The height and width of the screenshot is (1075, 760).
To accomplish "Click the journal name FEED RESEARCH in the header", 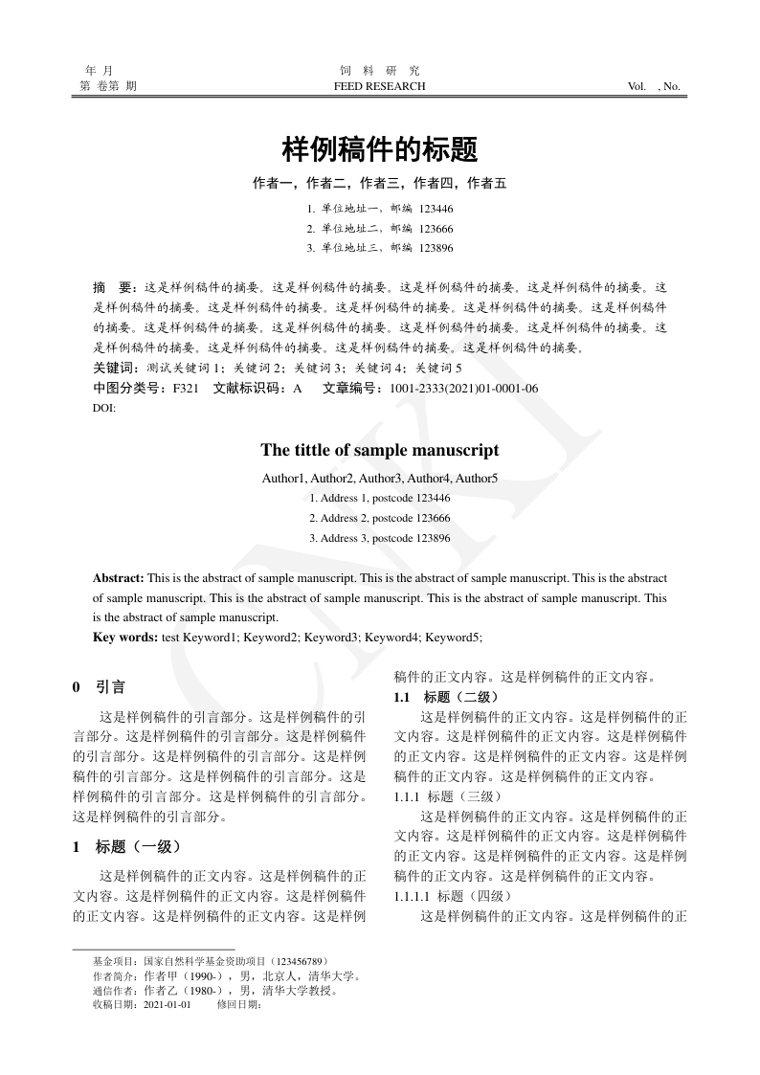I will [380, 86].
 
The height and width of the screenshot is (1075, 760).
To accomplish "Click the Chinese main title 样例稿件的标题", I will [380, 150].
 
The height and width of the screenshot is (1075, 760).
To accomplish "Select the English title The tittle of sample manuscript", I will [380, 450].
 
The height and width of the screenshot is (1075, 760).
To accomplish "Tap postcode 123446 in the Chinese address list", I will [436, 208].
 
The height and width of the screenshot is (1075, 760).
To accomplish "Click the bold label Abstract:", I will [119, 578].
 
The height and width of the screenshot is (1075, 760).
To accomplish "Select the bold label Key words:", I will [125, 637].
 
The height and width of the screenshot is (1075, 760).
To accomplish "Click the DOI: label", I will [103, 409].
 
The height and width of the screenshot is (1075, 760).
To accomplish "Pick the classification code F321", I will [186, 389].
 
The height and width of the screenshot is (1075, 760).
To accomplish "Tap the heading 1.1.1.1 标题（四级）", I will [453, 896].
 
